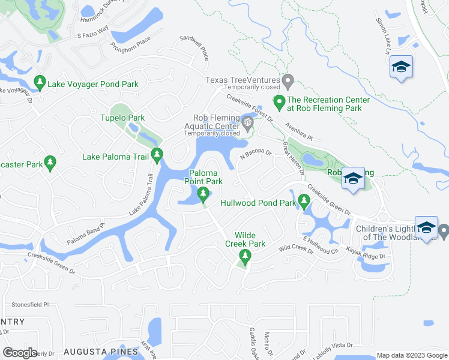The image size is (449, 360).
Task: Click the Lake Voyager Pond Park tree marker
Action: coord(40,82)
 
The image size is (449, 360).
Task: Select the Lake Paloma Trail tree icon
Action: coord(157,155)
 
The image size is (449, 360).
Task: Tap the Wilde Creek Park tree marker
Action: coord(244,257)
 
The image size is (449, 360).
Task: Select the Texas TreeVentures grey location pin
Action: coord(288,80)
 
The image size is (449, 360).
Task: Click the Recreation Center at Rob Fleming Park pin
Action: coord(278,103)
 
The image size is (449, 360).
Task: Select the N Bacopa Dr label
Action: coord(256,155)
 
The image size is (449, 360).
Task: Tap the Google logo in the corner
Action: coord(20,352)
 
